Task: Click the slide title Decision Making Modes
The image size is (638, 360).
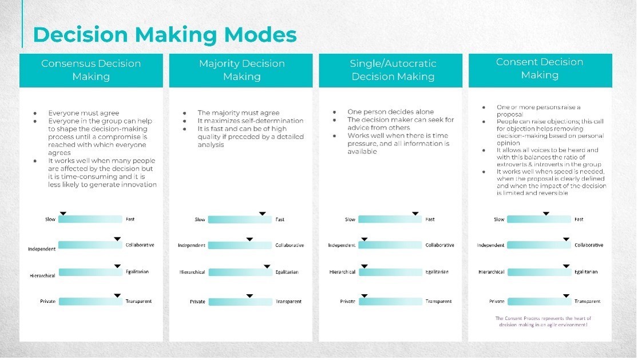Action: click(165, 34)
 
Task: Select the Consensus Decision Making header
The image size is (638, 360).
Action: click(91, 70)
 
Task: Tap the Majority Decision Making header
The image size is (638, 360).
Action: click(241, 70)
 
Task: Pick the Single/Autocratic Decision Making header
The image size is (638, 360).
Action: click(393, 70)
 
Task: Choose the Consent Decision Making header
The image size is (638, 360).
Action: click(540, 68)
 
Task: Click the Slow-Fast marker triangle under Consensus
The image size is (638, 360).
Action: click(63, 213)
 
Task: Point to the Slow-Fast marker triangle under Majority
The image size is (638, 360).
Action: click(263, 213)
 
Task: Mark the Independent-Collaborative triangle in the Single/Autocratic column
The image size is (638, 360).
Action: click(364, 239)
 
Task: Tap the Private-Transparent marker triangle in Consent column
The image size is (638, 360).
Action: click(566, 296)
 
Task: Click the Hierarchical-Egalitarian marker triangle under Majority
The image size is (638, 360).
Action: click(267, 267)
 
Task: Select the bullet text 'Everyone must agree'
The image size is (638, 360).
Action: click(84, 113)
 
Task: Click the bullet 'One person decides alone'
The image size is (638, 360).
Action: click(391, 112)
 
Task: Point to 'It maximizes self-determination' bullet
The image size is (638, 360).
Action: click(251, 121)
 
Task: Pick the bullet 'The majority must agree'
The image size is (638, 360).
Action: click(239, 113)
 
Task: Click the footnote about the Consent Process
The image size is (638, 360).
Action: click(543, 321)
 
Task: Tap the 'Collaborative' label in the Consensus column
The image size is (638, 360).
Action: click(140, 245)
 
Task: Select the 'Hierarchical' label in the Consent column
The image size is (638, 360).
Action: click(492, 272)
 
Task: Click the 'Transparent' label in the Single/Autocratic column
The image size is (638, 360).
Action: click(439, 302)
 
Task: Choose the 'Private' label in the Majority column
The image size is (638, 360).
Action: click(197, 302)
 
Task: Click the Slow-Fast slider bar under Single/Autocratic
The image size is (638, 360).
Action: click(390, 219)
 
